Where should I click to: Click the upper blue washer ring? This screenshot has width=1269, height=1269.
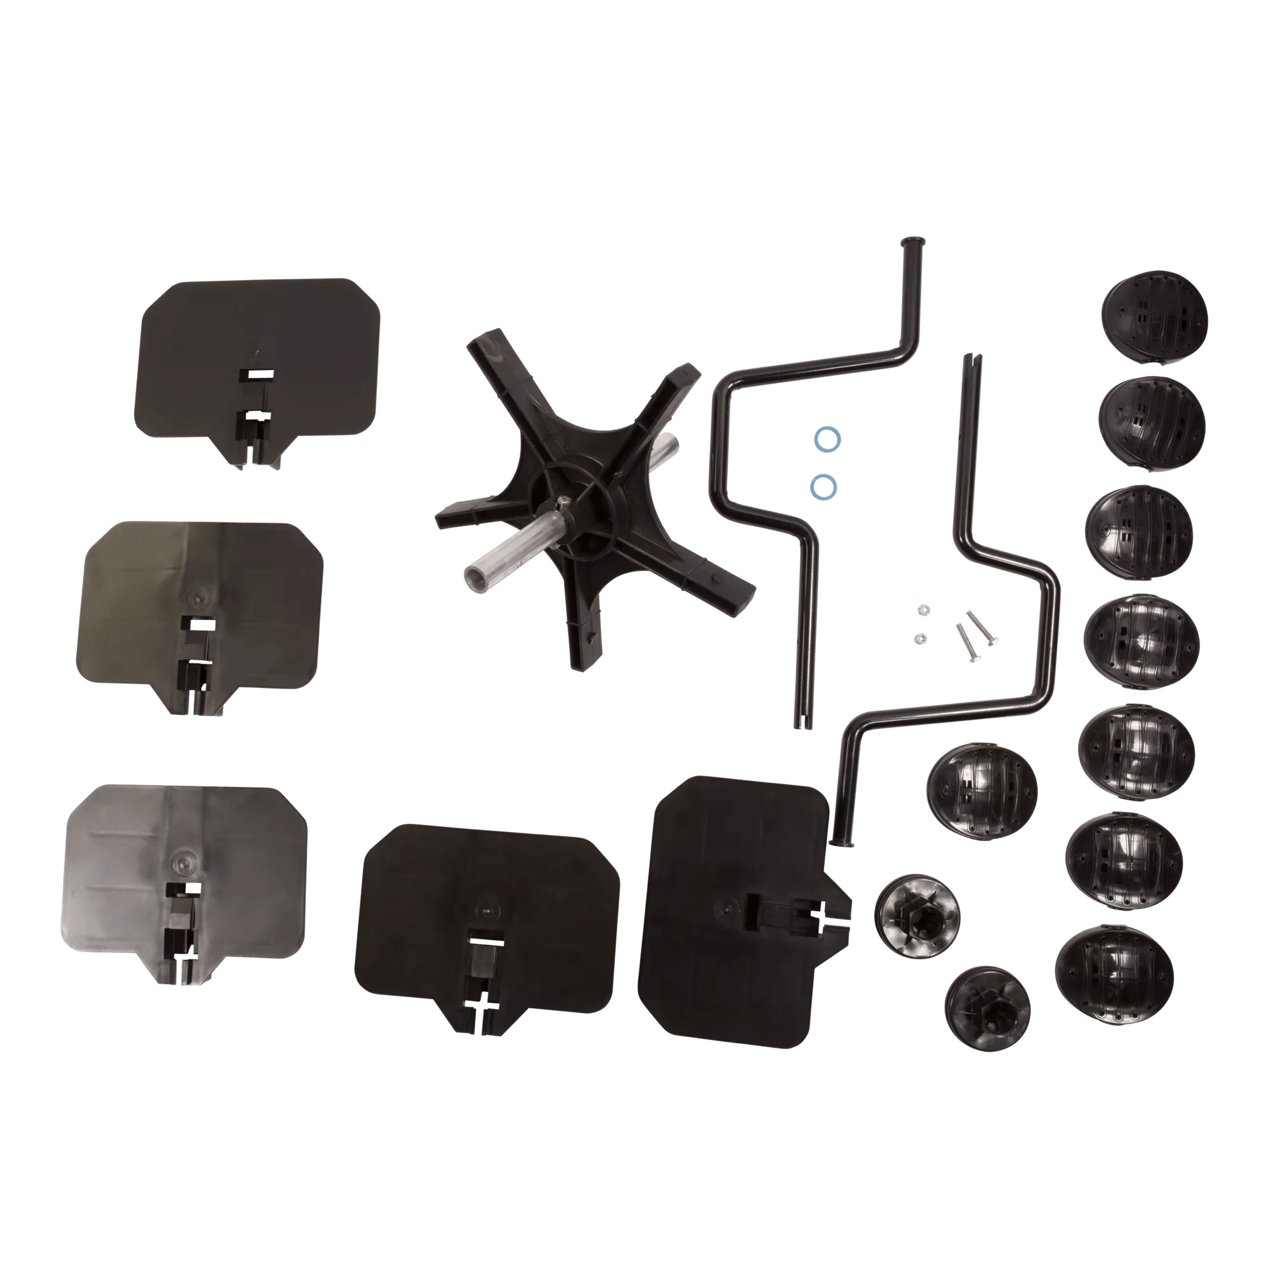tap(827, 440)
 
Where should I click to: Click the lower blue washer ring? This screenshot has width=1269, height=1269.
tap(824, 487)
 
